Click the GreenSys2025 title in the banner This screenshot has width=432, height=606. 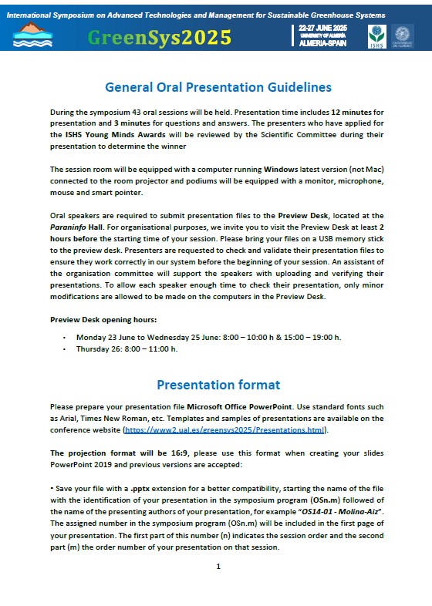pyautogui.click(x=159, y=37)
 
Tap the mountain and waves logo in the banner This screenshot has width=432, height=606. pyautogui.click(x=33, y=35)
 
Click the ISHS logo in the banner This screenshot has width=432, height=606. pyautogui.click(x=376, y=35)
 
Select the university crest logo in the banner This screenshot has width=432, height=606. pyautogui.click(x=403, y=35)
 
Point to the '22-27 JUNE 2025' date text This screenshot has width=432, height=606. pyautogui.click(x=323, y=29)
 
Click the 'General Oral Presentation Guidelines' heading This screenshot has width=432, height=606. pyautogui.click(x=218, y=87)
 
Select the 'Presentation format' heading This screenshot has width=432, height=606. pyautogui.click(x=218, y=385)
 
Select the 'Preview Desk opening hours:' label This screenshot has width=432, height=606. pyautogui.click(x=103, y=318)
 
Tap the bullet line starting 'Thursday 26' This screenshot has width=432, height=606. pyautogui.click(x=127, y=348)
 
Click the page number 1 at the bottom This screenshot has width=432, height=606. pyautogui.click(x=218, y=567)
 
